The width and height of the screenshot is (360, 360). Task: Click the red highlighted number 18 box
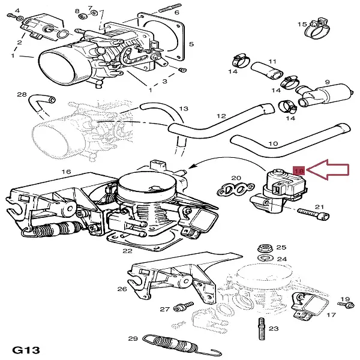tap(299, 170)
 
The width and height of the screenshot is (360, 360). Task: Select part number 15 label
tap(302, 24)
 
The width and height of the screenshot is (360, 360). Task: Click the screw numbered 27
tap(178, 308)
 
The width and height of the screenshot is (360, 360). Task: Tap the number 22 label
tap(127, 251)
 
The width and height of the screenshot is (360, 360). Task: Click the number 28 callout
tap(22, 95)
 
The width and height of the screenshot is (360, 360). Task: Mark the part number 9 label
tap(328, 82)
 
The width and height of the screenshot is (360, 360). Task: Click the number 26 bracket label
tap(122, 289)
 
